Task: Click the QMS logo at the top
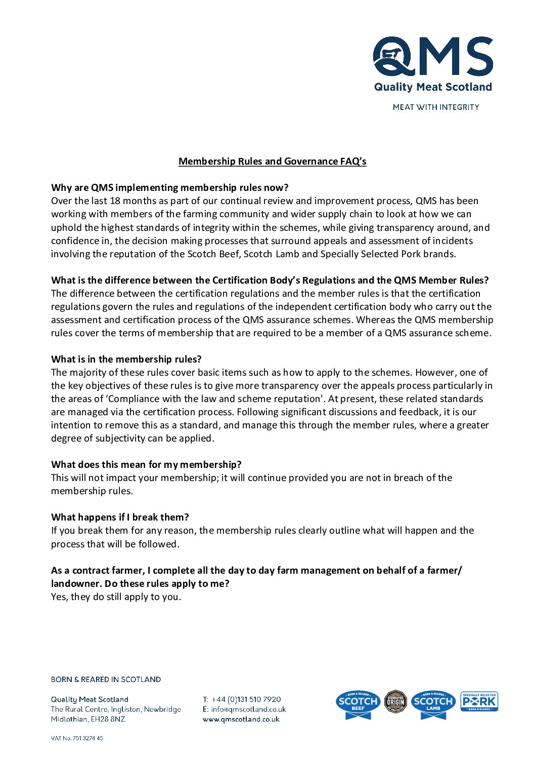pos(433,57)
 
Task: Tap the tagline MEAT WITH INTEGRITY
pos(436,107)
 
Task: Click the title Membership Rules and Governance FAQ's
pos(272,162)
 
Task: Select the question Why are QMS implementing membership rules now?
pos(169,188)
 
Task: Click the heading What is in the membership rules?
pos(126,359)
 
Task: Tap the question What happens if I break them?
pos(120,517)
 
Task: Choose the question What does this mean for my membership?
pos(146,464)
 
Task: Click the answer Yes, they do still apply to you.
pos(116,596)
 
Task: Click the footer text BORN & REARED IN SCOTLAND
pos(106,680)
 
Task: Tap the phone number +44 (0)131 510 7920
pos(246,699)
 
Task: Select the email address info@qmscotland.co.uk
pos(248,709)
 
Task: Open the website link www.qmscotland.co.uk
pos(241,719)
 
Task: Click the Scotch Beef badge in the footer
pos(358,703)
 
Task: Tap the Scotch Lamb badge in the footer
pos(433,703)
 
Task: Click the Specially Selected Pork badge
pos(479,701)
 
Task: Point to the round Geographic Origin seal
pos(395,701)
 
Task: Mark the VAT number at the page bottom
pos(77,738)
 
